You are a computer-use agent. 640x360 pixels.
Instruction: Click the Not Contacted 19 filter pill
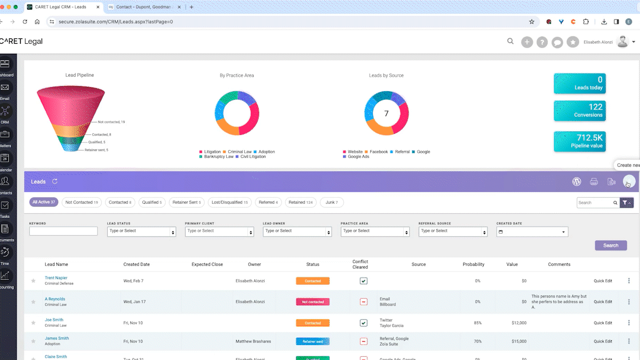pyautogui.click(x=82, y=203)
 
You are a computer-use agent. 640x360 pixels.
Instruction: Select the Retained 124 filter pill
pyautogui.click(x=300, y=203)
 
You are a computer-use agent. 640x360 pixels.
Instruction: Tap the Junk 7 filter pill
pyautogui.click(x=332, y=203)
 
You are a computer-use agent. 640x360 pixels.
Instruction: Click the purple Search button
pyautogui.click(x=611, y=245)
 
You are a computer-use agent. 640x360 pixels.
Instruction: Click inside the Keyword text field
pyautogui.click(x=63, y=231)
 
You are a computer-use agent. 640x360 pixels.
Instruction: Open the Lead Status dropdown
pyautogui.click(x=141, y=231)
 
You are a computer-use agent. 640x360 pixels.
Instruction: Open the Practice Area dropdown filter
pyautogui.click(x=375, y=231)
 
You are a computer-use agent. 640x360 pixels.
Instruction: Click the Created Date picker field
pyautogui.click(x=532, y=232)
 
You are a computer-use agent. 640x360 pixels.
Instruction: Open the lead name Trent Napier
pyautogui.click(x=57, y=278)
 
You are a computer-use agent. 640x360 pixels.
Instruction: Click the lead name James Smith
pyautogui.click(x=57, y=338)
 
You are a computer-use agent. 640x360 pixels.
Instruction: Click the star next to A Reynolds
pyautogui.click(x=34, y=302)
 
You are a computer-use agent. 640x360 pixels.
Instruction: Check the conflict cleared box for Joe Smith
pyautogui.click(x=363, y=323)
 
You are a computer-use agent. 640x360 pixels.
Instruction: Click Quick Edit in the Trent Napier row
pyautogui.click(x=603, y=281)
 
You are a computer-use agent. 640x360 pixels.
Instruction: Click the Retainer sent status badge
pyautogui.click(x=313, y=341)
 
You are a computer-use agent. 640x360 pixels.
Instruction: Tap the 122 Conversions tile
pyautogui.click(x=580, y=110)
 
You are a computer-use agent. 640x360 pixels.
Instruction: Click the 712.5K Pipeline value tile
pyautogui.click(x=580, y=141)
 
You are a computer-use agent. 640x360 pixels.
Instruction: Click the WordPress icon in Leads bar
pyautogui.click(x=577, y=181)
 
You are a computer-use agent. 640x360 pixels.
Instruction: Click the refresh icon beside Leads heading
pyautogui.click(x=55, y=181)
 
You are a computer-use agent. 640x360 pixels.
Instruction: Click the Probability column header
pyautogui.click(x=473, y=264)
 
